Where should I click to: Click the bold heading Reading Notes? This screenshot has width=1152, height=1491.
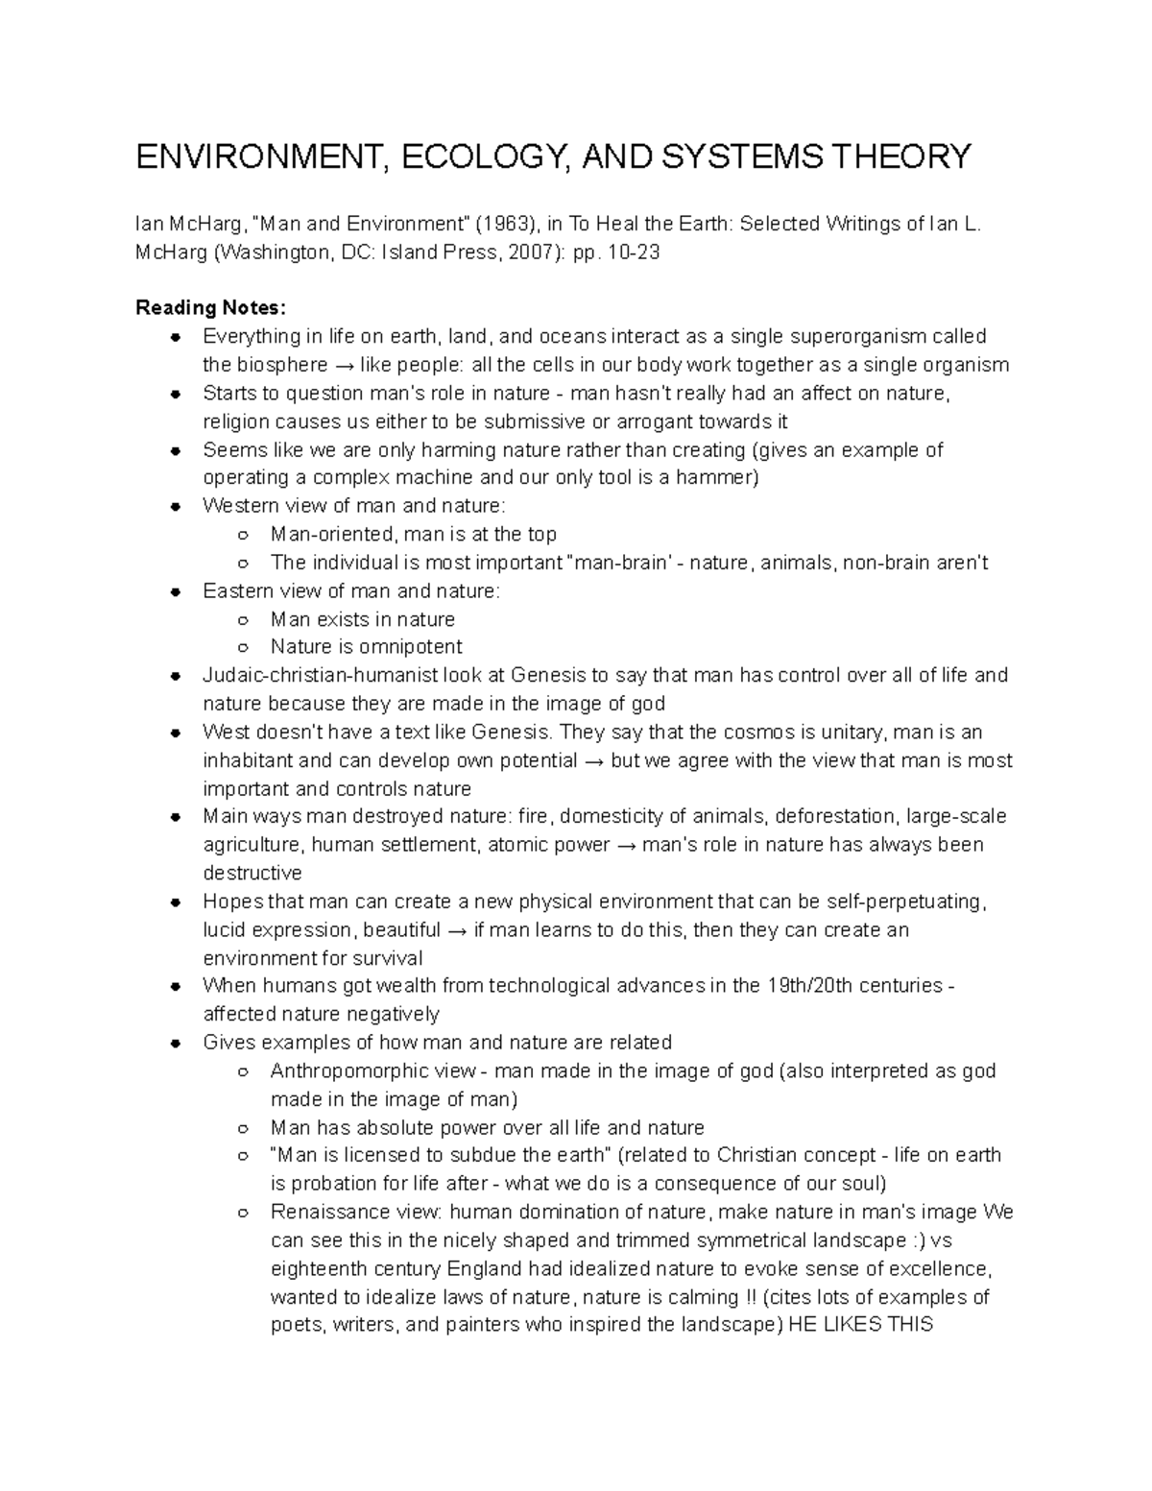coord(210,308)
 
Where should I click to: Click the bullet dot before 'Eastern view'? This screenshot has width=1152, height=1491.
coord(176,591)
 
